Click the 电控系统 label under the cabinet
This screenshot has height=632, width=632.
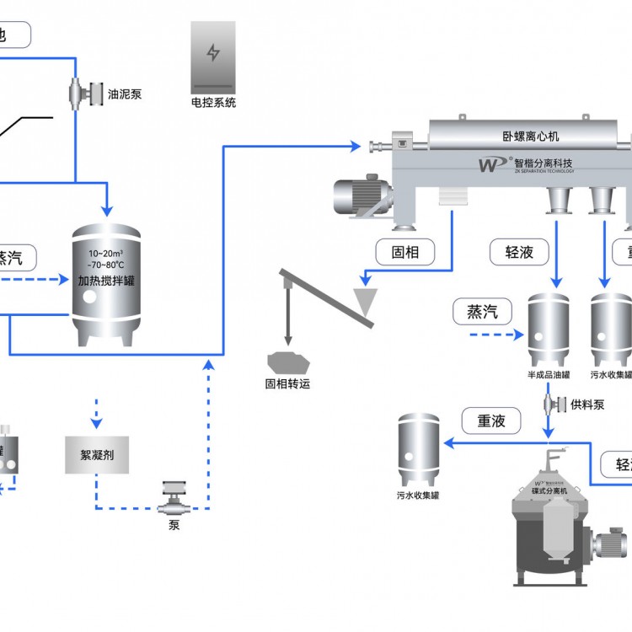pyautogui.click(x=214, y=103)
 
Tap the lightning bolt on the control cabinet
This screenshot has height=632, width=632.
pyautogui.click(x=214, y=53)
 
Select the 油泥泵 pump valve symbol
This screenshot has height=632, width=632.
pyautogui.click(x=75, y=92)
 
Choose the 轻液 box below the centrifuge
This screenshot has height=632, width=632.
pyautogui.click(x=520, y=251)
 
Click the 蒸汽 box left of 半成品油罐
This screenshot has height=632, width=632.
pyautogui.click(x=482, y=312)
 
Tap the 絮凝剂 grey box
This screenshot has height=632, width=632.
pyautogui.click(x=97, y=455)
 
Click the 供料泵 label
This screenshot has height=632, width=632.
pyautogui.click(x=587, y=404)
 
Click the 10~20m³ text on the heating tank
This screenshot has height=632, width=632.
pyautogui.click(x=104, y=254)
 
